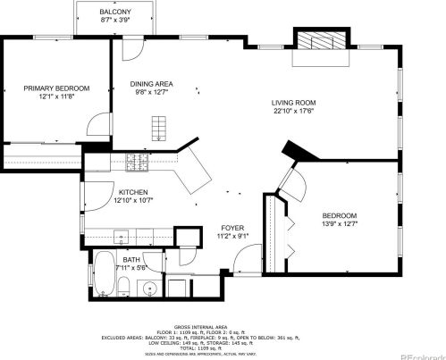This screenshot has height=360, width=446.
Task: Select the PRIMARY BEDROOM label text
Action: pyautogui.click(x=56, y=88)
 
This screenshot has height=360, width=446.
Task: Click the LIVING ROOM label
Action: pyautogui.click(x=294, y=103)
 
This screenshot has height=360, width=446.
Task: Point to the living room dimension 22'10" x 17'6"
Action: pyautogui.click(x=294, y=112)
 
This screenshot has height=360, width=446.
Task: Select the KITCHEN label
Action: pyautogui.click(x=134, y=192)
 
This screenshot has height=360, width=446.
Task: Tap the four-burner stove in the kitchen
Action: pyautogui.click(x=138, y=162)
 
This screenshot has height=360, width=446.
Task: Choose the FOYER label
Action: pyautogui.click(x=232, y=229)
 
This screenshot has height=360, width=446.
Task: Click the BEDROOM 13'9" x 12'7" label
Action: pyautogui.click(x=339, y=215)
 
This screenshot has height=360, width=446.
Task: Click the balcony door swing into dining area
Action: pyautogui.click(x=131, y=48)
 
